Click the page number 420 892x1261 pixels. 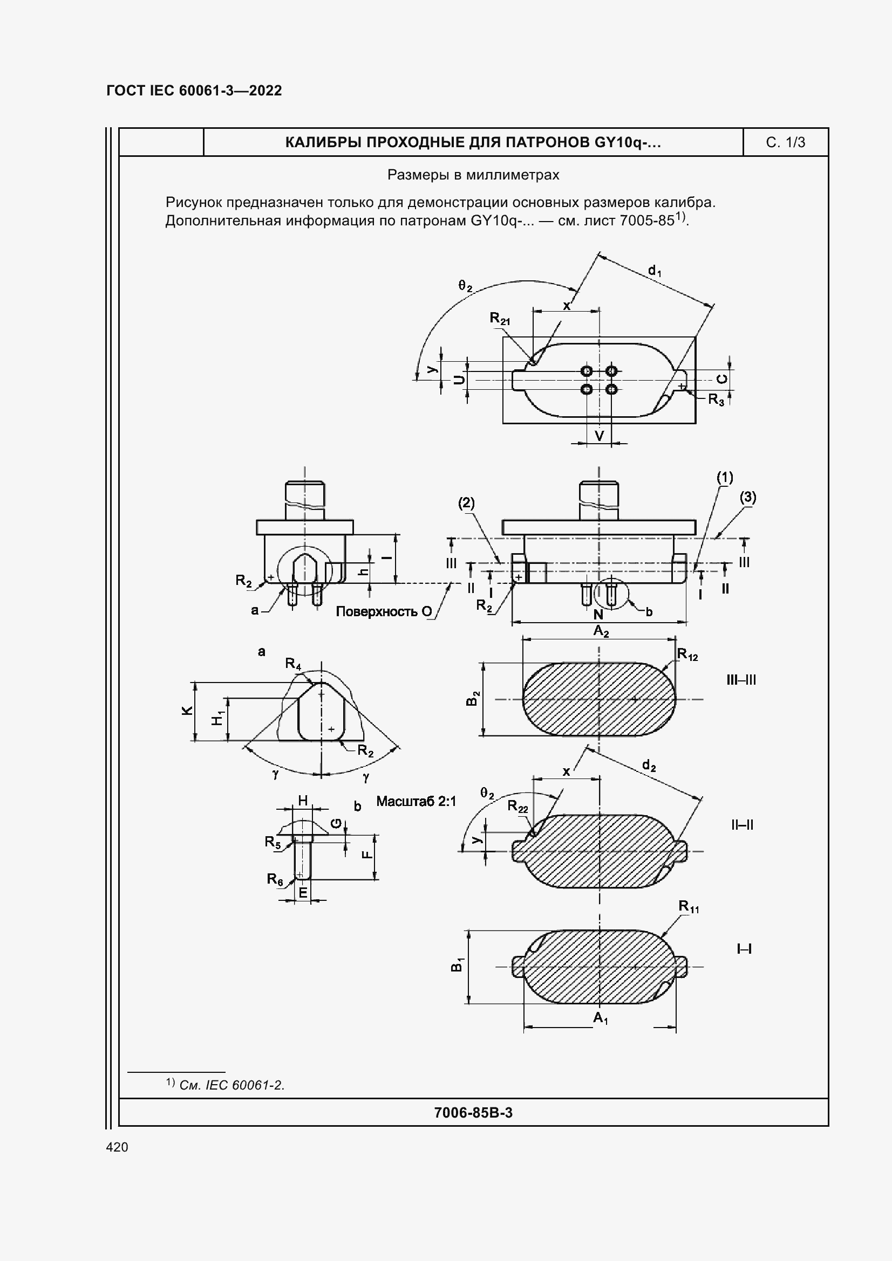coord(117,1147)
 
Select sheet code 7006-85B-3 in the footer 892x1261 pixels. coord(473,1113)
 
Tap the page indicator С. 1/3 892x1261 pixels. coord(785,143)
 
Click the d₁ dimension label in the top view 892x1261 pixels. coord(655,270)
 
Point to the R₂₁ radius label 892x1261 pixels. coord(500,319)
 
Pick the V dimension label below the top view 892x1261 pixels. coord(600,436)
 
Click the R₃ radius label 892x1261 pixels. coord(716,399)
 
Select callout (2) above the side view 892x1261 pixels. coord(466,503)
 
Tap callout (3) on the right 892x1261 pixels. coord(747,498)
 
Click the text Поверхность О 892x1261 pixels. coord(384,611)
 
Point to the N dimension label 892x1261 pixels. coord(598,615)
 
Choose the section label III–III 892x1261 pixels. coord(741,680)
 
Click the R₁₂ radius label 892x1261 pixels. coord(687,654)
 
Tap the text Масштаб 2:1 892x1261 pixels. coord(416,801)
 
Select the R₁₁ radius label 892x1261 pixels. coord(688,906)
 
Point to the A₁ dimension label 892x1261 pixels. coord(600,1018)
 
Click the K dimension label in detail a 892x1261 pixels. coord(187,710)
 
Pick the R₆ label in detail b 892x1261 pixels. coord(275,879)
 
